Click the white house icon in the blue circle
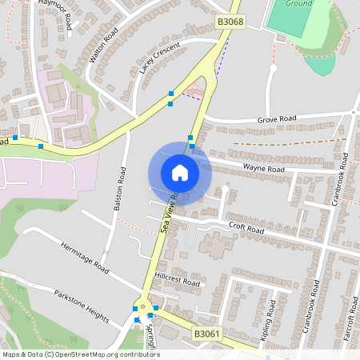coord(179,173)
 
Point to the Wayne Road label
coord(264,170)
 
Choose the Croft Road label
coord(246,228)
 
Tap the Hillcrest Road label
coord(177,282)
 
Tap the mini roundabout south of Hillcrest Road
coord(145,305)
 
